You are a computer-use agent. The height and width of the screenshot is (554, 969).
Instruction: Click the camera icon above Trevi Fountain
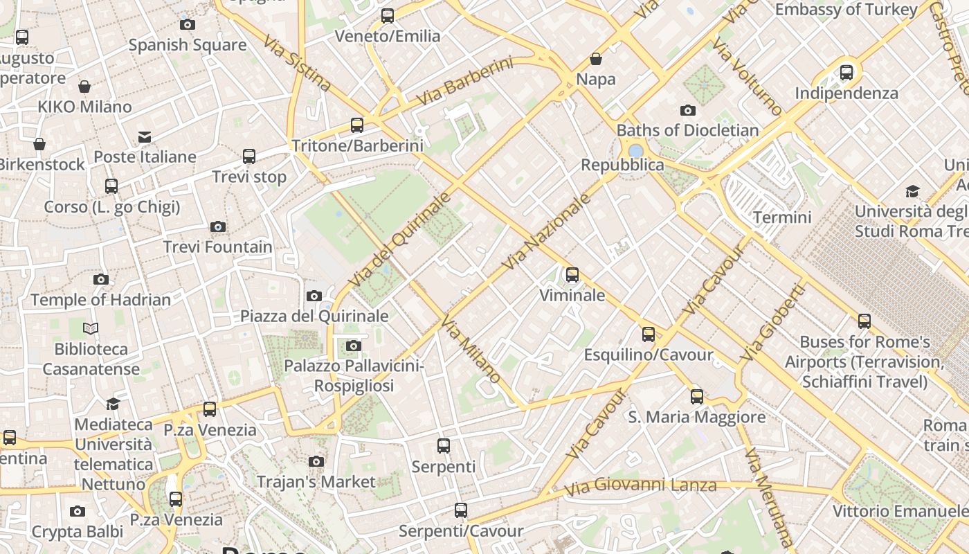(218, 226)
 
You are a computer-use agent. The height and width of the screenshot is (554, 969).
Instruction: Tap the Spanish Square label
(188, 45)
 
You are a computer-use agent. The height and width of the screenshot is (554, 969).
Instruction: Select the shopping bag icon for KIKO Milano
(84, 87)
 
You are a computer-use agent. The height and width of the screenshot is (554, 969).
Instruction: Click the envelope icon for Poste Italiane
(145, 137)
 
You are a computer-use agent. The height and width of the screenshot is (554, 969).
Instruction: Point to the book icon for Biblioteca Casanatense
(91, 328)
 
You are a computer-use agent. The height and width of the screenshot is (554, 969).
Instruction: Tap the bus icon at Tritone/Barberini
(357, 125)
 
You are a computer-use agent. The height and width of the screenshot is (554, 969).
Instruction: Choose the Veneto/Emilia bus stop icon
(388, 16)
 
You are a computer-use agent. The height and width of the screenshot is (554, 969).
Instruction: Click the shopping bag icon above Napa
(596, 59)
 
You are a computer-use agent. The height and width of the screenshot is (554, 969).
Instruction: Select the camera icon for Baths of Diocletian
(688, 110)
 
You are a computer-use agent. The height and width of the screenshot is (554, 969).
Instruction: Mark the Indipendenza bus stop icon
(846, 73)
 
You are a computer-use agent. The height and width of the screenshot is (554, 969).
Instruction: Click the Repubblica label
(622, 165)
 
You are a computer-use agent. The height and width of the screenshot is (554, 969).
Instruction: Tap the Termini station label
(782, 217)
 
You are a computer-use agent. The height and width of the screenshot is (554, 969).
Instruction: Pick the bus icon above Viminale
(572, 275)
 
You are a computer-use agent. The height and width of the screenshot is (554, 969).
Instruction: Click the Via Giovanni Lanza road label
(640, 486)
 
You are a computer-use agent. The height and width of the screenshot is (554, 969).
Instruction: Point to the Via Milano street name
(471, 350)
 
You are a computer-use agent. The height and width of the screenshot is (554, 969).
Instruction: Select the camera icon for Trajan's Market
(316, 461)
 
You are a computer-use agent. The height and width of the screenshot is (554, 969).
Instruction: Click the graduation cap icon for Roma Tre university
(913, 191)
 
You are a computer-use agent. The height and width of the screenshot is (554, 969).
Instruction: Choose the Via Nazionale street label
(547, 232)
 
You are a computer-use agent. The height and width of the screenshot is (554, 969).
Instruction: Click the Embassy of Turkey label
(846, 10)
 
